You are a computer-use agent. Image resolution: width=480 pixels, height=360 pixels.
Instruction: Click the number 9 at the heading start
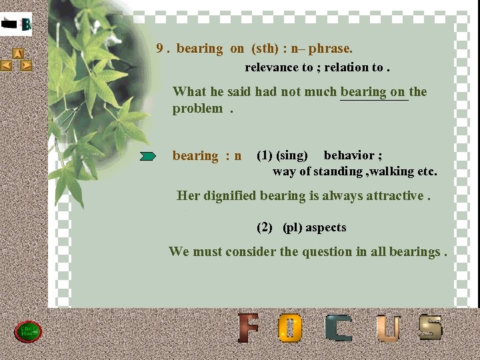160,49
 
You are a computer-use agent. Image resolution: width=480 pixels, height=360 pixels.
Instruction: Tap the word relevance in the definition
272,67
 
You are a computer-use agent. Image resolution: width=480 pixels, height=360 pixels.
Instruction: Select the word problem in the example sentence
197,109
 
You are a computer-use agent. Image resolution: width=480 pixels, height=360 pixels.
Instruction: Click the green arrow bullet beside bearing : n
148,156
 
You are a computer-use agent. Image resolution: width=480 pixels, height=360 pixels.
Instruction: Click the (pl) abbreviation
293,227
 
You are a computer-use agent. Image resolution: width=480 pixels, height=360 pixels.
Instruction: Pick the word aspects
326,227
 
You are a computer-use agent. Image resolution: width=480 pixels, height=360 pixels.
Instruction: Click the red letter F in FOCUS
249,328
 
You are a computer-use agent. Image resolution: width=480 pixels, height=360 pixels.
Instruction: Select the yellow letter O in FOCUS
291,329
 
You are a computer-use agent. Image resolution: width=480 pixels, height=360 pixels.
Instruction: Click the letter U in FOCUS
388,329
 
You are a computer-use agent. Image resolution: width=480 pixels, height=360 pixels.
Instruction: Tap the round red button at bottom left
29,331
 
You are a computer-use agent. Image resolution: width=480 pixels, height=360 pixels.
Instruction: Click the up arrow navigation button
19,53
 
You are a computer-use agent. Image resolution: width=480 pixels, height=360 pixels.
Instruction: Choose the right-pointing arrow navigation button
26,65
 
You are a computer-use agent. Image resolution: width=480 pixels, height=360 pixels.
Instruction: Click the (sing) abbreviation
292,155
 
